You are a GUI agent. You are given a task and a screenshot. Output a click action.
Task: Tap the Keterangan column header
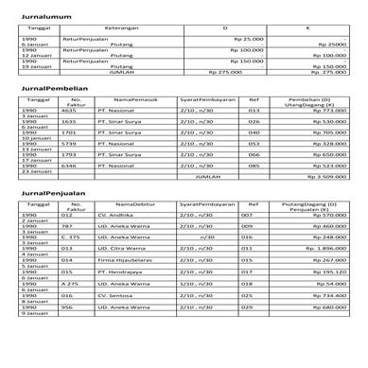coord(117,29)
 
